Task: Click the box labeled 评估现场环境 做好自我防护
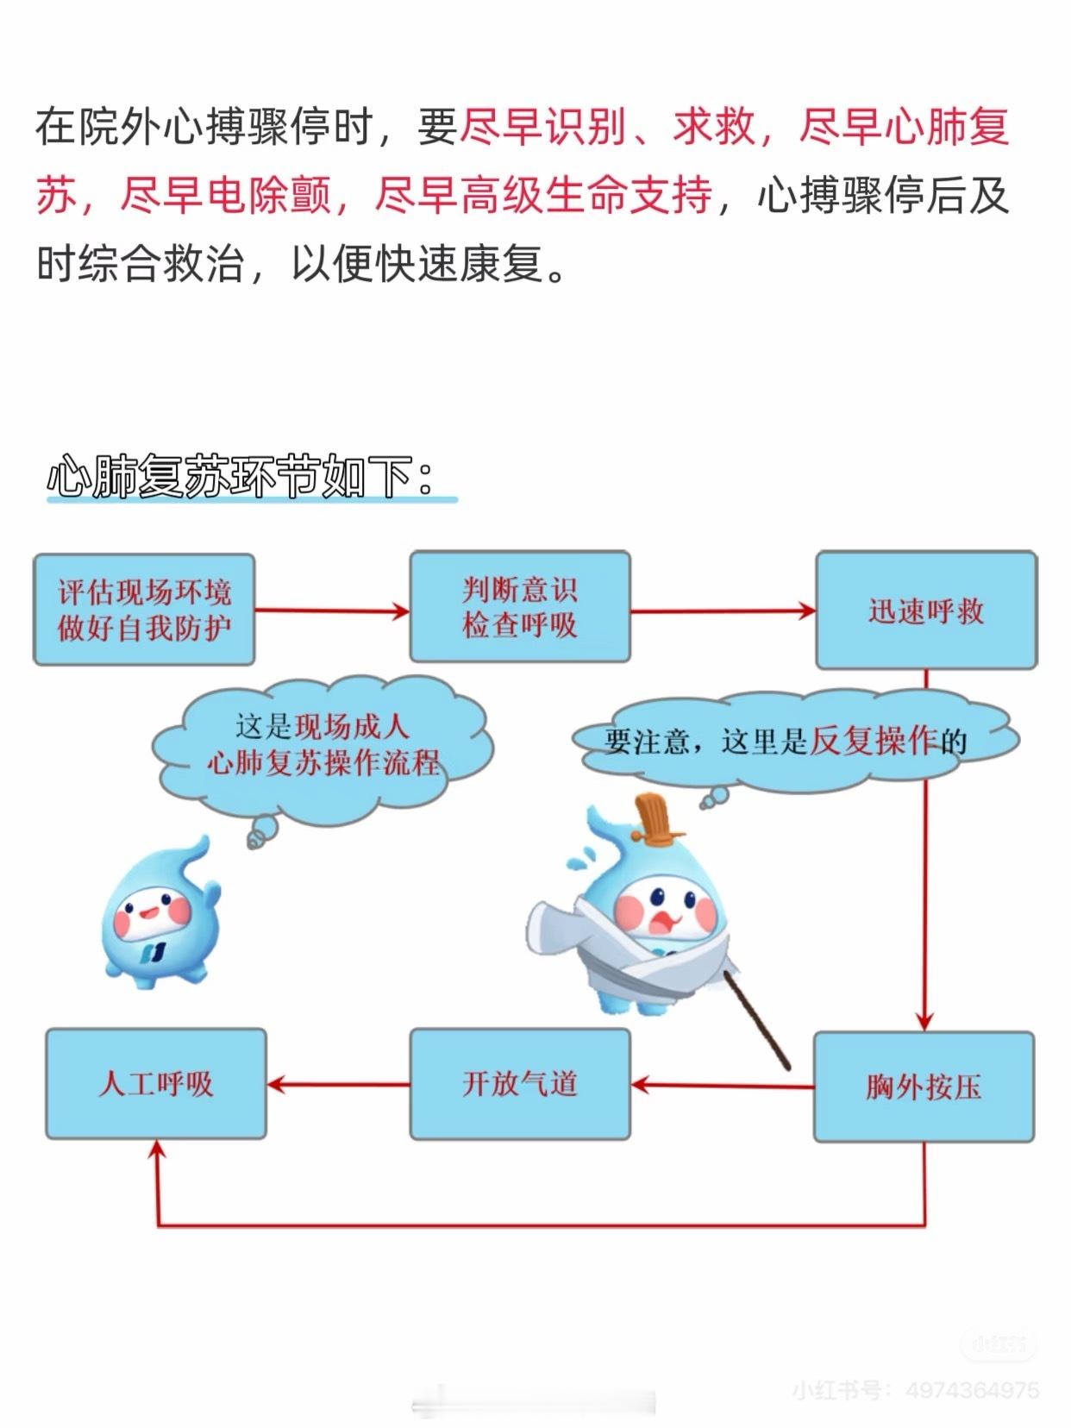pos(144,610)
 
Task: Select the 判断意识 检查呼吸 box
pos(520,607)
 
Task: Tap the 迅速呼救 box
pos(926,611)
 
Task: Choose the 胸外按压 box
pos(924,1087)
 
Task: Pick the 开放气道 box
pos(520,1084)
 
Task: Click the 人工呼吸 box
pos(156,1084)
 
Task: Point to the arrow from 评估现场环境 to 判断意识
pos(332,611)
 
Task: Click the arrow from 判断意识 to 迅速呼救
pos(723,611)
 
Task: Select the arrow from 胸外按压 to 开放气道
pos(723,1085)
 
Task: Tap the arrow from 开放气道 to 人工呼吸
pos(338,1084)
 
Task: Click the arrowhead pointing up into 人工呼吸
pos(157,1150)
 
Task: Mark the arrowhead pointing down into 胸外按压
pos(925,1020)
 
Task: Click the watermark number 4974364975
pos(972,1390)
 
